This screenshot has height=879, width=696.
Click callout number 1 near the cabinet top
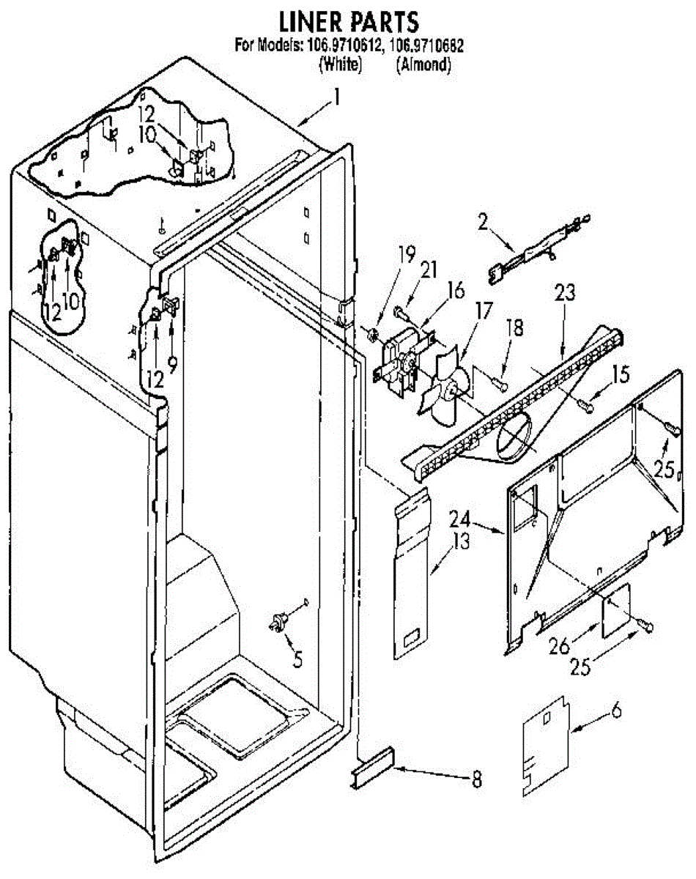pyautogui.click(x=338, y=97)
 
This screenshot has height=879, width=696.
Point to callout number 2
pyautogui.click(x=482, y=222)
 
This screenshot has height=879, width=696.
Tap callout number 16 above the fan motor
pyautogui.click(x=455, y=290)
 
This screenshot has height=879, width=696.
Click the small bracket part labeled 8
pyautogui.click(x=372, y=768)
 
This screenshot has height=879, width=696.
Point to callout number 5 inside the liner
pyautogui.click(x=295, y=659)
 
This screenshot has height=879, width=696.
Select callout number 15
pyautogui.click(x=620, y=376)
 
